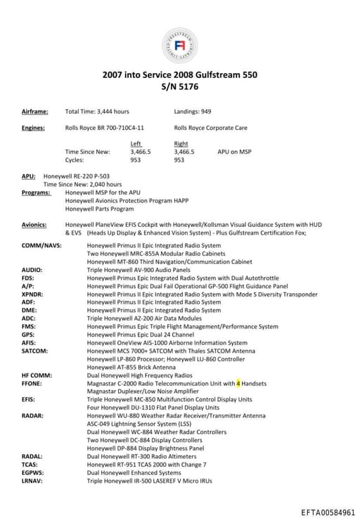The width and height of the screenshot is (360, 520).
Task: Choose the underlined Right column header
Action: (x=181, y=143)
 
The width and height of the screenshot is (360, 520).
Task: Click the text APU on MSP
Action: (x=234, y=151)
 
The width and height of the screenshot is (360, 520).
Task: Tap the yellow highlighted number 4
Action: (x=238, y=384)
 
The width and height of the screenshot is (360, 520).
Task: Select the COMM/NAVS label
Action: (x=41, y=245)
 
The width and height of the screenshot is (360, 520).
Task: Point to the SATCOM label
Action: (x=34, y=351)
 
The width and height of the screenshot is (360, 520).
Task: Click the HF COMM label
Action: (x=37, y=375)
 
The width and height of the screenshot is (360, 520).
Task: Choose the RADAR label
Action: (x=32, y=415)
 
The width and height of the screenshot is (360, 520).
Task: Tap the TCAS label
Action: (x=31, y=464)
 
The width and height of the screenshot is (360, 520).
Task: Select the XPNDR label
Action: (x=33, y=294)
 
